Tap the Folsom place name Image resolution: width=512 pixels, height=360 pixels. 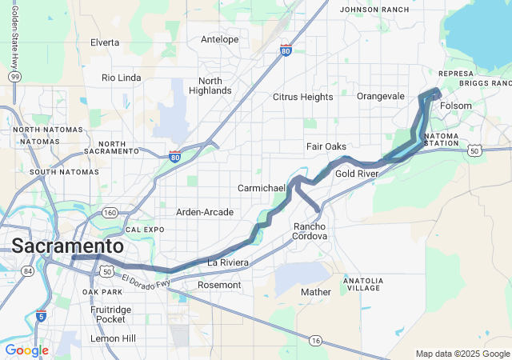[456, 106]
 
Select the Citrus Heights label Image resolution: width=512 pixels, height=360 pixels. [302, 97]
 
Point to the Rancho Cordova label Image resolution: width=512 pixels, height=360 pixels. [310, 231]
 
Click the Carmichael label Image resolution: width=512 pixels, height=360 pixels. [262, 188]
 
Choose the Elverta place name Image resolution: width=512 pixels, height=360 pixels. [105, 42]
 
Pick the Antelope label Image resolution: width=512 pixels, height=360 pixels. [219, 39]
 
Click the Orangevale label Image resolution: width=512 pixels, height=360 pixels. [381, 96]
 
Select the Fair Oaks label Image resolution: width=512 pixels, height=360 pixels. [326, 146]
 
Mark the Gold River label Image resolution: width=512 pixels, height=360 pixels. [357, 174]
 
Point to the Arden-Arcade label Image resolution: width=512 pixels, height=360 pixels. [205, 212]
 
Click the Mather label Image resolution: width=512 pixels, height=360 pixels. [315, 292]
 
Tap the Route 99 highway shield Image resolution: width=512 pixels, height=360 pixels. [16, 76]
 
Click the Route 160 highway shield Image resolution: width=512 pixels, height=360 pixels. [110, 212]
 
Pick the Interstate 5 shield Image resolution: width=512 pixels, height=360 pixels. [41, 316]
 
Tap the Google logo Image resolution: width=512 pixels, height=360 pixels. [26, 350]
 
